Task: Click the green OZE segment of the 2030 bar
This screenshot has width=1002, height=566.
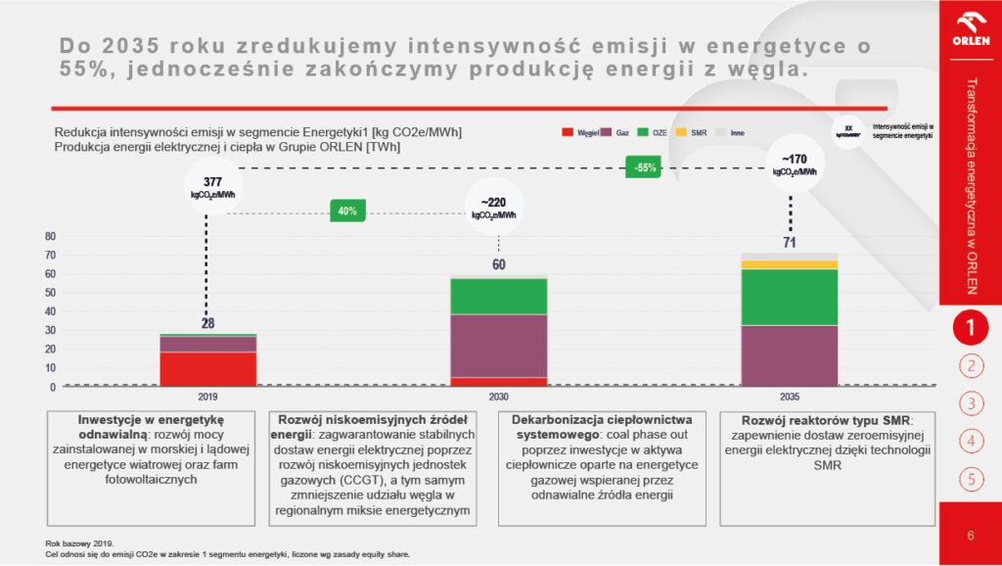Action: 498,296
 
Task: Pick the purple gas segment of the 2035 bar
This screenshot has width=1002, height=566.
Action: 789,355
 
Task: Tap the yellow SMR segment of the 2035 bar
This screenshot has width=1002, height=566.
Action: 789,264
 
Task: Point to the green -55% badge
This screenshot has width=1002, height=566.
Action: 645,167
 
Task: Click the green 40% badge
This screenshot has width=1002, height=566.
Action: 347,211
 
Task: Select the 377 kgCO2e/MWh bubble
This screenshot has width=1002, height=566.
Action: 212,187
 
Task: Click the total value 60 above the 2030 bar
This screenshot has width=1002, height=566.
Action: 498,264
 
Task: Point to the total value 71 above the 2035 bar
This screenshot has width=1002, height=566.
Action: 789,242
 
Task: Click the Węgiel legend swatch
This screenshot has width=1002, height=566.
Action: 567,131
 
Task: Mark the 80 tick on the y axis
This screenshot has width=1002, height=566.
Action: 50,236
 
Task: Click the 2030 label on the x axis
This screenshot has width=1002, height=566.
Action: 498,397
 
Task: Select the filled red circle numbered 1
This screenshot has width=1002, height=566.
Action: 970,328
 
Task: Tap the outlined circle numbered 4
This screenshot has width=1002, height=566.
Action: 970,441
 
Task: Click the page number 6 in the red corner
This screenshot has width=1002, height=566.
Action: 970,535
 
